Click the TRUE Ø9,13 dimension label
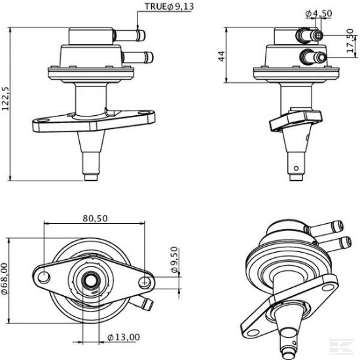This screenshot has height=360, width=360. pos(170,7)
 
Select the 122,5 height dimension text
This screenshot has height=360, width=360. pos(5,98)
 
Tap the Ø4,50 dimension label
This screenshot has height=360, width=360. pos(319,14)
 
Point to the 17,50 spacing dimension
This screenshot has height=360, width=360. pos(350,41)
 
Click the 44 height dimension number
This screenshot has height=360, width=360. pos(221,56)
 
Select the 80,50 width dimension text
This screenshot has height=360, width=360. pos(95,219)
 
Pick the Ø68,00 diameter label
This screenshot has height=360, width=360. pos(5,279)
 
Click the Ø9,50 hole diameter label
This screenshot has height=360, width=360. pos(175,260)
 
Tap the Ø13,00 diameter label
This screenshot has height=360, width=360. pos(124,337)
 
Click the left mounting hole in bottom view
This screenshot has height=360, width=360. pos(44,277)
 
